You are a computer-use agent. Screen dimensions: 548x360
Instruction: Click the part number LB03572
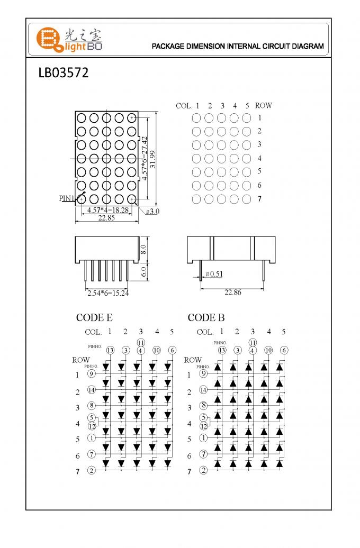point(63,73)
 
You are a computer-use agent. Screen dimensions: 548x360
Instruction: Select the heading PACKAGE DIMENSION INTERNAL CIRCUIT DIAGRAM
point(238,47)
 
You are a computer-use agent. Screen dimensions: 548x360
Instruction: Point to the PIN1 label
point(66,198)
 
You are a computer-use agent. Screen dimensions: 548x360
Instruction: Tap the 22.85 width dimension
point(106,218)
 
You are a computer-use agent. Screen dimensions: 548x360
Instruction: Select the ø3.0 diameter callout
point(152,211)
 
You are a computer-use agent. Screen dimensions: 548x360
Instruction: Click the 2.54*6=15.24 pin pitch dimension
point(107,293)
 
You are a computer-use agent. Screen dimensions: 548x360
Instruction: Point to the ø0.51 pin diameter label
point(213,273)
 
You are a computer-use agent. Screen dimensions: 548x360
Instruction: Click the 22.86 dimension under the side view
point(232,292)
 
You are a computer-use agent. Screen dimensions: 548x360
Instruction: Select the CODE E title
point(94,318)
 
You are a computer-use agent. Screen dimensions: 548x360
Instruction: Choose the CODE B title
point(206,318)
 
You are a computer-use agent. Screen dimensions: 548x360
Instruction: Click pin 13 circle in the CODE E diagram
point(110,350)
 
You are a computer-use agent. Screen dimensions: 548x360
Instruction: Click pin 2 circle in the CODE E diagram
point(91,470)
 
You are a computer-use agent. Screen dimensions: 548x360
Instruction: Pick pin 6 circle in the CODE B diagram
point(284,350)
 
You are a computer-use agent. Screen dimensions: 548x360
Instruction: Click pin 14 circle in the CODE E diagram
point(91,390)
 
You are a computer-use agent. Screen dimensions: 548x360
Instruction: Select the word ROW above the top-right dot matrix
point(263,105)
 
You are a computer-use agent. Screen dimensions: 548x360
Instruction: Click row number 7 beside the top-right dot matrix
point(259,199)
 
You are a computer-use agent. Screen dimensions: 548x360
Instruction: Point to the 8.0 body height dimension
point(143,249)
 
